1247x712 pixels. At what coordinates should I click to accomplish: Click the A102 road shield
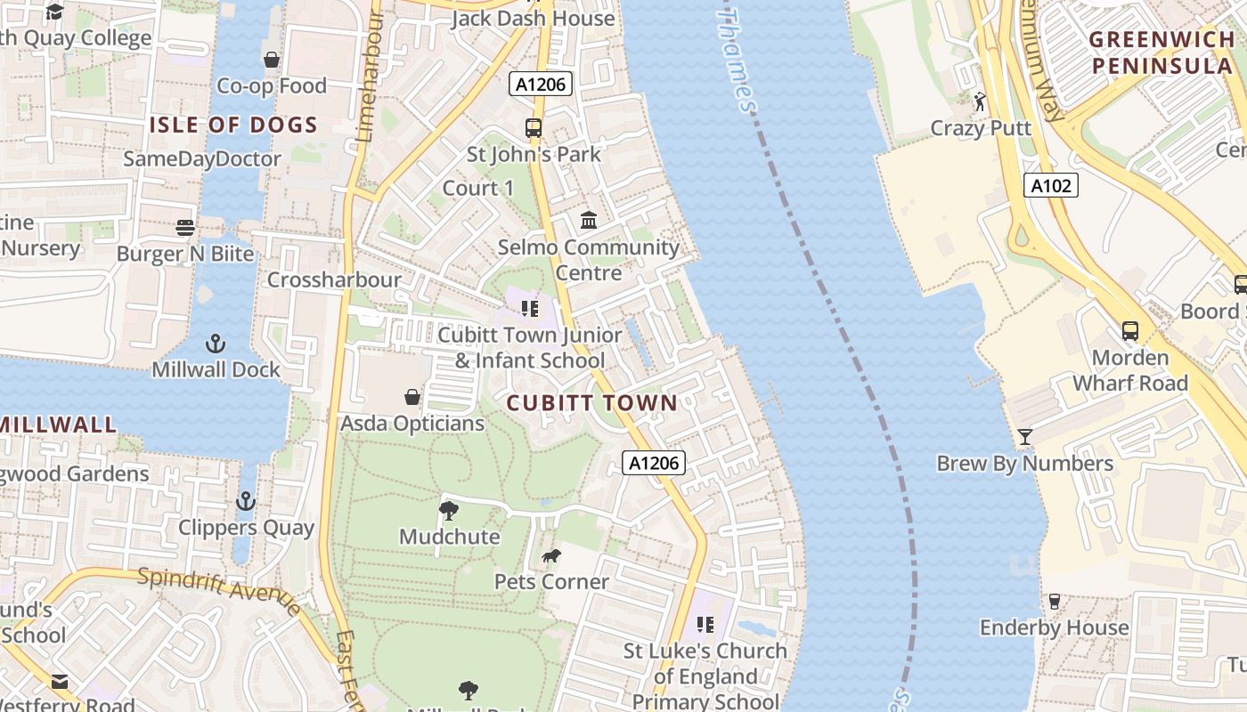click(1051, 185)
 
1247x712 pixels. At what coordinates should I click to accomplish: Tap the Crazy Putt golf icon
click(981, 101)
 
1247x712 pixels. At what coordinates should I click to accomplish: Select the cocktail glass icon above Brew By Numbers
click(1024, 437)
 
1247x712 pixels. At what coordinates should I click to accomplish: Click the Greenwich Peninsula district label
click(1162, 53)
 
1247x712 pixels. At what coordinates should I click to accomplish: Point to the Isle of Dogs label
click(233, 125)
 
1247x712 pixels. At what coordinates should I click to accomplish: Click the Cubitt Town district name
click(592, 403)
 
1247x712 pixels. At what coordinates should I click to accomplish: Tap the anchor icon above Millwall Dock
click(215, 343)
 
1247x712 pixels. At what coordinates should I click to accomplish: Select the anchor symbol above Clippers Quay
click(246, 501)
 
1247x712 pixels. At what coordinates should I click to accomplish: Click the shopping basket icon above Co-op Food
click(272, 60)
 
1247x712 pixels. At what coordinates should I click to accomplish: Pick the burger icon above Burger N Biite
click(185, 228)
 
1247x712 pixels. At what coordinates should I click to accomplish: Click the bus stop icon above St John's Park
click(534, 128)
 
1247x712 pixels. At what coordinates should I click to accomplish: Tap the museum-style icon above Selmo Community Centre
click(588, 220)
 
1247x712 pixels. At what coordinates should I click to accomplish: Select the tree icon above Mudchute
click(449, 511)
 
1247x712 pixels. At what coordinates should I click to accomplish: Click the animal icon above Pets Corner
click(551, 556)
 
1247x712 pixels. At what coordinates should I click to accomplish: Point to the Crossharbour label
click(335, 279)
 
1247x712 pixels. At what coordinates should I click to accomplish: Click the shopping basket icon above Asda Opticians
click(412, 397)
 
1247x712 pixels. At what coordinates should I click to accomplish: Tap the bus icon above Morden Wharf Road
click(1129, 331)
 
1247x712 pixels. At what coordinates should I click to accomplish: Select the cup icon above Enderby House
click(1055, 602)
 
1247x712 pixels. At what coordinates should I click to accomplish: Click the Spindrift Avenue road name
click(219, 590)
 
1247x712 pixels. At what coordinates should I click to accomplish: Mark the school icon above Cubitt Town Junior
click(530, 309)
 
